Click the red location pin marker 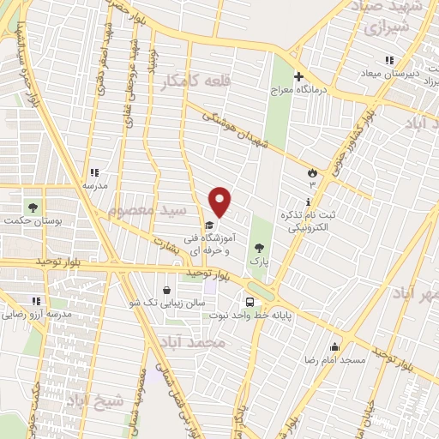(221, 201)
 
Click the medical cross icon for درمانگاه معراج (298, 75)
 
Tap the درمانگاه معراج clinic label (294, 89)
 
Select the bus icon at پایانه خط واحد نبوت (249, 302)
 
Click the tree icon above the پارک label (260, 247)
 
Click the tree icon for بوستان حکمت (33, 207)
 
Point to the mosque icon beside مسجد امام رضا (334, 346)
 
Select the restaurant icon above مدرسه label (94, 171)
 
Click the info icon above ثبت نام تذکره (307, 201)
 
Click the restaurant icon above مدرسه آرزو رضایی (36, 301)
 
